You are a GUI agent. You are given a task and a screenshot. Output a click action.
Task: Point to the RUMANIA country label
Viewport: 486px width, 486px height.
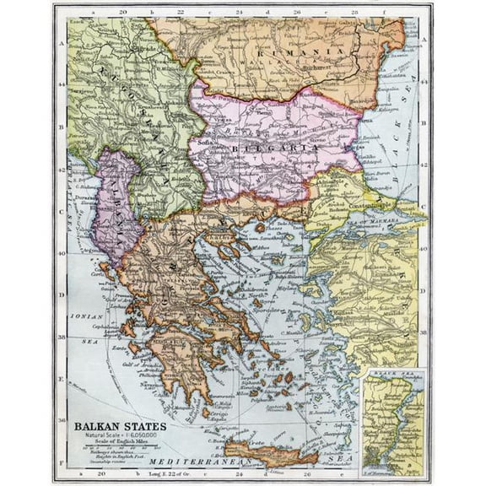click(317, 51)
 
